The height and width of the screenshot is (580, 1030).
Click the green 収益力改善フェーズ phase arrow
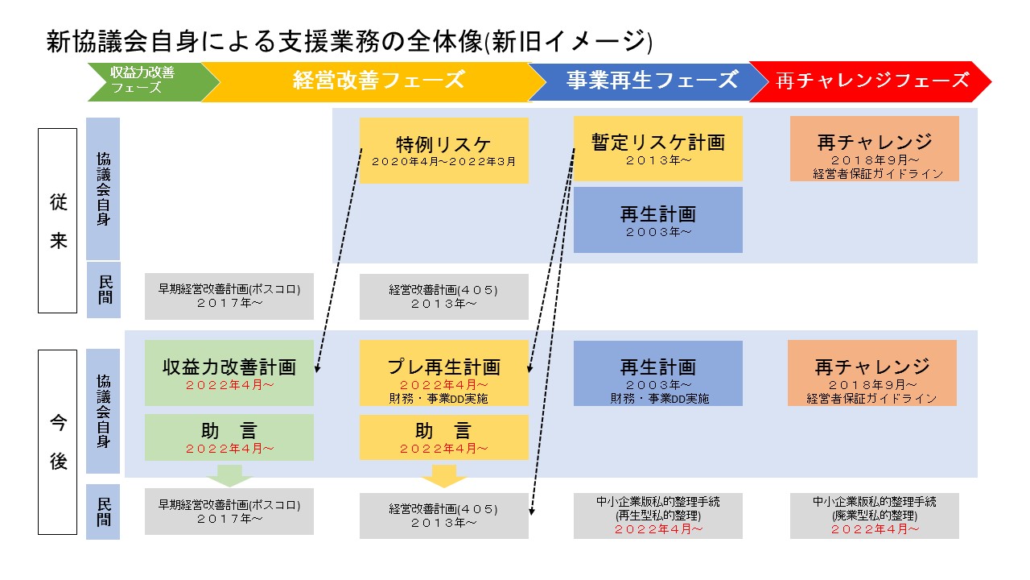(x=152, y=82)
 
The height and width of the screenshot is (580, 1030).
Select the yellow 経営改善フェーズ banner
(x=373, y=82)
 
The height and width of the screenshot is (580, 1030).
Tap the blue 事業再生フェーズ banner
(x=648, y=82)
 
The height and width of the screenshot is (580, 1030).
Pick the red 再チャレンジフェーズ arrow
(x=870, y=82)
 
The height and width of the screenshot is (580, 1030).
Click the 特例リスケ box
(x=443, y=151)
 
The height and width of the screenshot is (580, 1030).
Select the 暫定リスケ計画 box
(x=658, y=148)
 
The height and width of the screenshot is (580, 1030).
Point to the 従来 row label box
(x=57, y=221)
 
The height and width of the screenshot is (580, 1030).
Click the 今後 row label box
(x=57, y=442)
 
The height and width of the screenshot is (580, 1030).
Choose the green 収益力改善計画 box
(x=229, y=373)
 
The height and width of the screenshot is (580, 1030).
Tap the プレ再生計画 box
(x=443, y=373)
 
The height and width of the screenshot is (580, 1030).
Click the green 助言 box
(x=229, y=437)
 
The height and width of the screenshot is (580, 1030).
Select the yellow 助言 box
(x=443, y=437)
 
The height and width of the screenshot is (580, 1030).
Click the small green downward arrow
(x=229, y=475)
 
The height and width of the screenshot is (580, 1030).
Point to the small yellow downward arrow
(x=443, y=476)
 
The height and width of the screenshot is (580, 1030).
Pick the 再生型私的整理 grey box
(x=658, y=516)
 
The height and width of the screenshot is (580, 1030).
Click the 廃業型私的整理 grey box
(x=875, y=516)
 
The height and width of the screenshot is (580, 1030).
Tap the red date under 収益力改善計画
(x=229, y=385)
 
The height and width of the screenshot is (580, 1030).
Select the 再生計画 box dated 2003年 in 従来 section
(x=658, y=220)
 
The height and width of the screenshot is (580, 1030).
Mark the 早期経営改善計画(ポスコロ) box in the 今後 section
(x=229, y=512)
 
